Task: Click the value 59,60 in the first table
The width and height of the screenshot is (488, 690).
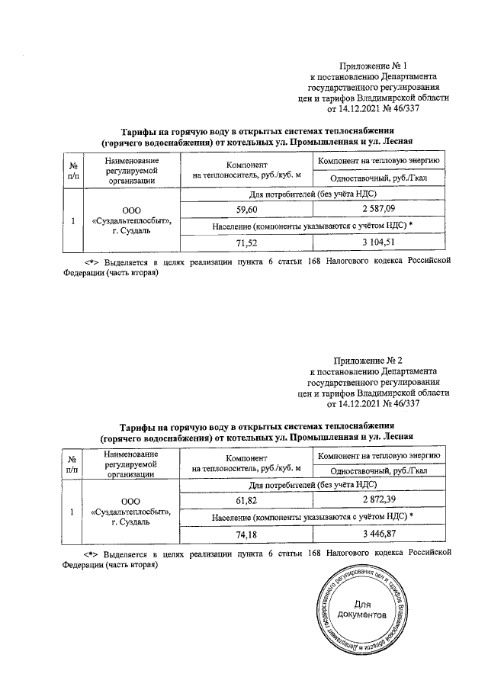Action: pos(246,209)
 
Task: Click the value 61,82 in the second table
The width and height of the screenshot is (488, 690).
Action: pos(246,499)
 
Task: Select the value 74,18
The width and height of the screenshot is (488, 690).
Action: pos(246,533)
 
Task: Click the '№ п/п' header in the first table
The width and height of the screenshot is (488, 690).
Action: pos(73,170)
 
